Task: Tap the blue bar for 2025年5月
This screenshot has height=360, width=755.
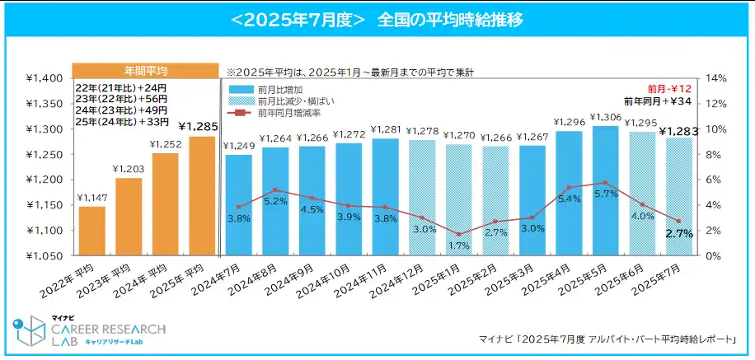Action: (x=606, y=194)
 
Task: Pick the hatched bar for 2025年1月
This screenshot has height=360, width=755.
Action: (x=459, y=202)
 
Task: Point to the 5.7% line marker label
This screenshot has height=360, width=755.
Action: (x=606, y=194)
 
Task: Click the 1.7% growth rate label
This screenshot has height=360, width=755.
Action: (x=459, y=245)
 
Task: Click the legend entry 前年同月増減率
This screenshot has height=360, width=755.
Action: (x=284, y=113)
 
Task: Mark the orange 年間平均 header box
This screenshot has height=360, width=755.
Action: (x=146, y=71)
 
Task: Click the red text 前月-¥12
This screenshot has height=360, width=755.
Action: (x=674, y=87)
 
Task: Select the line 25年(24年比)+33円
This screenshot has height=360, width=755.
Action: (x=121, y=122)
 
